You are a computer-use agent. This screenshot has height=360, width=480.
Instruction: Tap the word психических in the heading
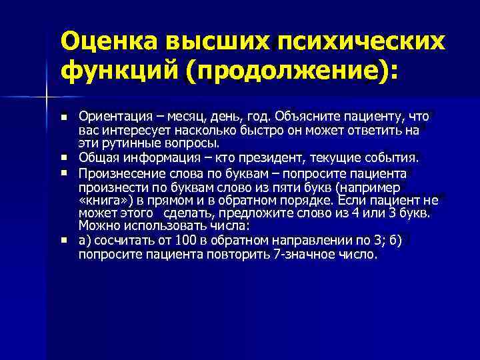coord(359,43)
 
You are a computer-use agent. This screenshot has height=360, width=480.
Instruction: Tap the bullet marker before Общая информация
coord(63,157)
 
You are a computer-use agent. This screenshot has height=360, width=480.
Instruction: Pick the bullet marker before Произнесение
coord(63,172)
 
